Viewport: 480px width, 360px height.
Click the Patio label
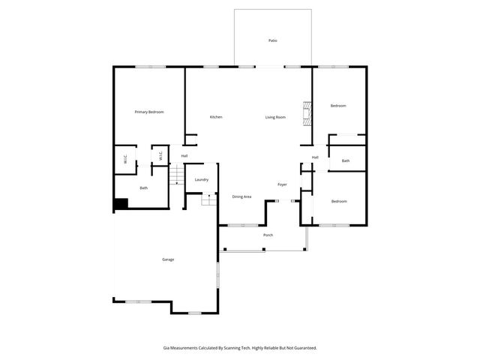273,40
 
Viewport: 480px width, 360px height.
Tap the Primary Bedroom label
149,112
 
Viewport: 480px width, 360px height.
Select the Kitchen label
216,117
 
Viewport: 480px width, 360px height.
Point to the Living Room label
275,117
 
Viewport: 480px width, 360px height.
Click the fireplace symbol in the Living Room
305,114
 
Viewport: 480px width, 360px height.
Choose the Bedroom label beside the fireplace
338,106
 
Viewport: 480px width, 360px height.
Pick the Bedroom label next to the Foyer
339,201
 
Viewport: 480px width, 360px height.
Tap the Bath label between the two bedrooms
346,160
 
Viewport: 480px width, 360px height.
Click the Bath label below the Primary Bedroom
143,187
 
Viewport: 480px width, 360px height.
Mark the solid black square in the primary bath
120,204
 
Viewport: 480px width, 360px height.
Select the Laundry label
201,180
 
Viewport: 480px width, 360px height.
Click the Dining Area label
241,196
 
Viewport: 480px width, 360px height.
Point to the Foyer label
282,184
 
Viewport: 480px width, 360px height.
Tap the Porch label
268,235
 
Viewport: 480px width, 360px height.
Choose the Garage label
168,259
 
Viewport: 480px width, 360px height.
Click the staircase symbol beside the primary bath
175,177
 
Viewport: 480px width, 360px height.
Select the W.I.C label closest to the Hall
160,156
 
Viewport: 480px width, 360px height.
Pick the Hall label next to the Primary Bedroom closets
184,156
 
